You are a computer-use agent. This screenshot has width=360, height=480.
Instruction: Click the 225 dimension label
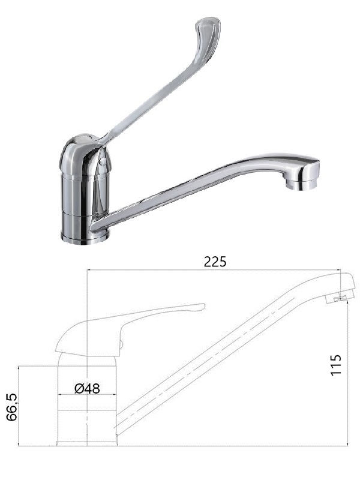215,262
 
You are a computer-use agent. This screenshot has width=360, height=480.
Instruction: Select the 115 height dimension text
336,365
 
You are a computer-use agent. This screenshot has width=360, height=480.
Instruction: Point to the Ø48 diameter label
87,388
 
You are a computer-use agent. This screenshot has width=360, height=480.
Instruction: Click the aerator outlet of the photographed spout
301,184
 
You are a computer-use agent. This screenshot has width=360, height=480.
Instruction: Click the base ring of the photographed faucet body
85,239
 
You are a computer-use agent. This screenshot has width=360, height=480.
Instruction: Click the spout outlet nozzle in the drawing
340,298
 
